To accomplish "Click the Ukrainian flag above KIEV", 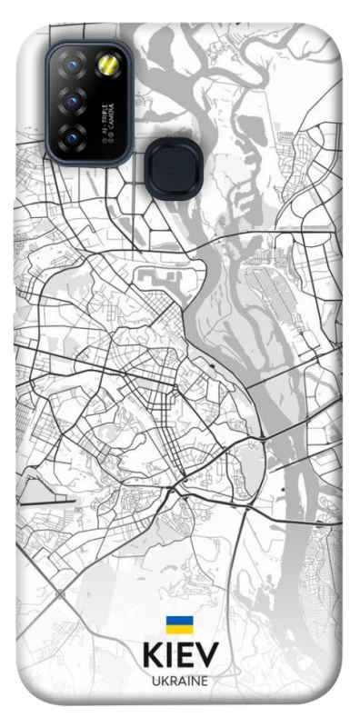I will click(179, 624).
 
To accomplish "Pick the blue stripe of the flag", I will click(179, 621).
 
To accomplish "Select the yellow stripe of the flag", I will click(179, 629).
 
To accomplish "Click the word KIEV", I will click(180, 655).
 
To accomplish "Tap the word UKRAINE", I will click(179, 681).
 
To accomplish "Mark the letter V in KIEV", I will click(206, 655).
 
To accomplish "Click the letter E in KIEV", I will click(185, 655).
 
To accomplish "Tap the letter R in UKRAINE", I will click(173, 681).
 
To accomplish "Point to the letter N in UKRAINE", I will click(195, 681).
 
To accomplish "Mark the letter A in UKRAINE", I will click(182, 681).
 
